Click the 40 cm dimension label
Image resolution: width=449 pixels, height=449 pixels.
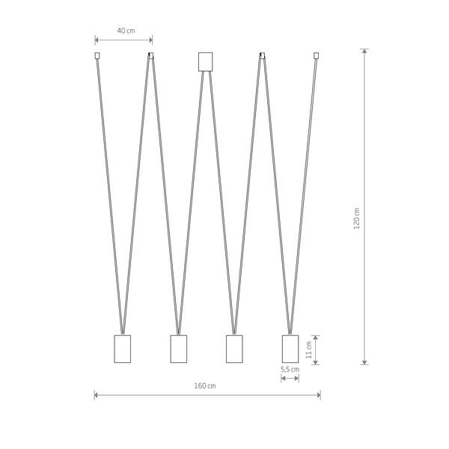coord(126,31)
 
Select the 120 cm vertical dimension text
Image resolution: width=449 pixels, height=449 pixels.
coord(357,219)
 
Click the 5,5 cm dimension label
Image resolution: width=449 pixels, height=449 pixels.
coord(290,369)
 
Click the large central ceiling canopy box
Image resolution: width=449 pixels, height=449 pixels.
coord(205,61)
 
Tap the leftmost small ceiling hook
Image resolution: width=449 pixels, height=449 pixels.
coord(96,55)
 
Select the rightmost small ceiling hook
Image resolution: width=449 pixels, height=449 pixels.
coord(317,55)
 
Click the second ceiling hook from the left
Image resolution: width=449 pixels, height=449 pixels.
coord(150,55)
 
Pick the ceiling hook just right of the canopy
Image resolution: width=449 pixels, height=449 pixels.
coord(261,55)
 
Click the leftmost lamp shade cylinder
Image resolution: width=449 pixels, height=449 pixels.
coord(122,348)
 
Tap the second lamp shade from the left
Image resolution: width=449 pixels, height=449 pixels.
coord(178,348)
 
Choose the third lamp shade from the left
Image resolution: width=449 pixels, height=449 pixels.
coord(234,348)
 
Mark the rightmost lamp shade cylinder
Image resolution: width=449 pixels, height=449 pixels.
coord(290,348)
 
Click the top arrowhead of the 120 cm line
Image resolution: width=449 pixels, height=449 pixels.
coord(364,52)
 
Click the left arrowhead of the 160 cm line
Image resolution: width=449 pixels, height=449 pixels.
coord(97,395)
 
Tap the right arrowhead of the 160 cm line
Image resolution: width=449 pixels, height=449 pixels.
coord(318,395)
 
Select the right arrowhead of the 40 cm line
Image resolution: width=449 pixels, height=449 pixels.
coord(150,39)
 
